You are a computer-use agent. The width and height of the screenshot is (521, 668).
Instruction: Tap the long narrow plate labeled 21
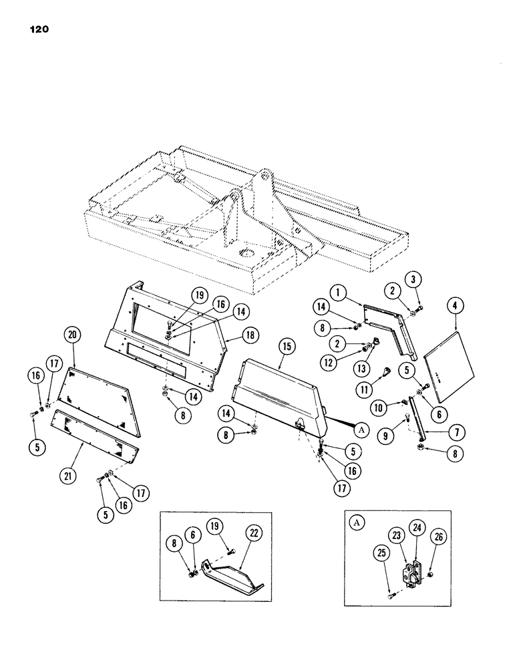pyautogui.click(x=96, y=435)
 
